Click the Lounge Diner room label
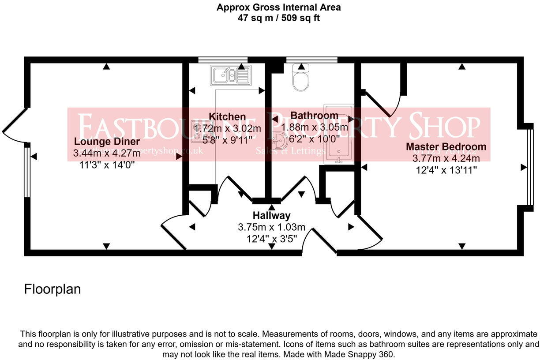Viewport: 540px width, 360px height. coord(107,142)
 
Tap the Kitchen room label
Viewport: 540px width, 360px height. coord(227,116)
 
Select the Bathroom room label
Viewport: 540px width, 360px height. coord(315,115)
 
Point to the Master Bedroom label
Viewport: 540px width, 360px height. coord(446,146)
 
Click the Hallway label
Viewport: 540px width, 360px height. coord(271,216)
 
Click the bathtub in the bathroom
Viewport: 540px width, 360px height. coord(338,135)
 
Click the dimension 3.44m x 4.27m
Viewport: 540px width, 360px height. coord(107,154)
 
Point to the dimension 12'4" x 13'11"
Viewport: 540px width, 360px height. coord(446,170)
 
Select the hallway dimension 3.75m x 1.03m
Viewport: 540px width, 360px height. coord(271,227)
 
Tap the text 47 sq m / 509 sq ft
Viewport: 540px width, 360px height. coord(278,19)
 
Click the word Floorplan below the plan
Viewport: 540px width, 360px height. coord(52,289)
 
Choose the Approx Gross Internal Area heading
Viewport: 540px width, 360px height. coord(278,7)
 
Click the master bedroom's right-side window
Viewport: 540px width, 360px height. coord(531,167)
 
